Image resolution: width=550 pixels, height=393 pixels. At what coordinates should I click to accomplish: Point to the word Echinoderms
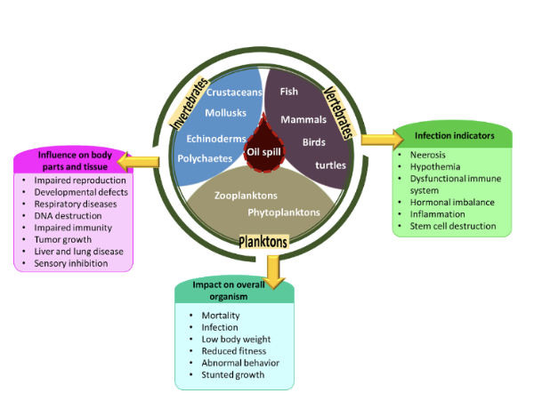pyautogui.click(x=216, y=139)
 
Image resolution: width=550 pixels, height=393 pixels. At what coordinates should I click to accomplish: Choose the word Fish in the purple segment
pyautogui.click(x=288, y=92)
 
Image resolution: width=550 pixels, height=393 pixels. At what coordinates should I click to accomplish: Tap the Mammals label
pyautogui.click(x=304, y=119)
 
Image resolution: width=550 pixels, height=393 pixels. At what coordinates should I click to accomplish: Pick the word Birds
pyautogui.click(x=314, y=142)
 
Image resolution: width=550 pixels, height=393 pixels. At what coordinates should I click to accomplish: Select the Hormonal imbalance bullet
pyautogui.click(x=451, y=202)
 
